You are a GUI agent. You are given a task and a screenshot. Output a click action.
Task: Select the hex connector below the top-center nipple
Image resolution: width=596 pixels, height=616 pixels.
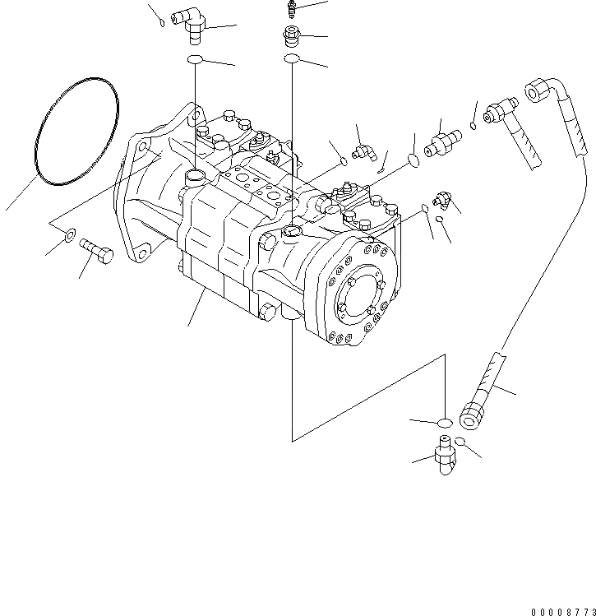click(291, 37)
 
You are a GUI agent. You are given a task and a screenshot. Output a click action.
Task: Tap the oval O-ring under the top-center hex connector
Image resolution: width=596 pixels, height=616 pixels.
click(291, 59)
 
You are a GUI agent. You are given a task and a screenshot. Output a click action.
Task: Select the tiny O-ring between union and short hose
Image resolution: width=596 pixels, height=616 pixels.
click(475, 125)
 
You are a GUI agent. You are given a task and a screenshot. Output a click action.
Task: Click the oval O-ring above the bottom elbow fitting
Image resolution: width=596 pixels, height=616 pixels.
click(443, 423)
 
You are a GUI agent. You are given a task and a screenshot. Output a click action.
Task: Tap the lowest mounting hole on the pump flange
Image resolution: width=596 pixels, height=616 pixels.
click(144, 250)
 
